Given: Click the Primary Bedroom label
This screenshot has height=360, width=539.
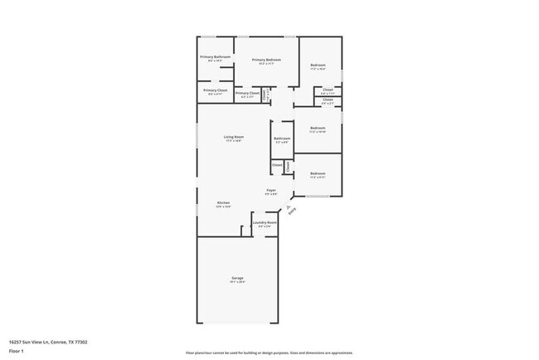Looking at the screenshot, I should [x=266, y=60].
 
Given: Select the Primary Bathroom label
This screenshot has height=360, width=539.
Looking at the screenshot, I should [x=216, y=56].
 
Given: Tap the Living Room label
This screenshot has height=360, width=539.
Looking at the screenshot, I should [x=233, y=137].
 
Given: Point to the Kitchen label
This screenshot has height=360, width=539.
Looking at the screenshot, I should [x=223, y=202].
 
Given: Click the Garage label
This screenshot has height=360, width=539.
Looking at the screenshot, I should [x=237, y=278].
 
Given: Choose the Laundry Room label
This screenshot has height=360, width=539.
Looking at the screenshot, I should [x=265, y=222].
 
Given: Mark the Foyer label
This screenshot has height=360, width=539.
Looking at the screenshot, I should [x=271, y=191].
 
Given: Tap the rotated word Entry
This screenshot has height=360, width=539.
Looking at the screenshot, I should [x=292, y=212].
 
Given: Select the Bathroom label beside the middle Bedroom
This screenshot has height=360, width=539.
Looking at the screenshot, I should [x=282, y=139].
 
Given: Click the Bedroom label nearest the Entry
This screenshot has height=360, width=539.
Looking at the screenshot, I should [x=318, y=173].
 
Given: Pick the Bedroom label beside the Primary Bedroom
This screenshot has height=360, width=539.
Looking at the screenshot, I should [x=318, y=66].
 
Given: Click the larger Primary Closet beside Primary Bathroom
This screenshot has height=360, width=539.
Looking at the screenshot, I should [x=216, y=90].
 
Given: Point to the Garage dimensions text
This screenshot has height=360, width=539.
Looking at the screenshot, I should [x=237, y=282].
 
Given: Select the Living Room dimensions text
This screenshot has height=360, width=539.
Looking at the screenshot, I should [x=233, y=141].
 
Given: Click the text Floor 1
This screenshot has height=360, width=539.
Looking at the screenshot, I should [x=17, y=351].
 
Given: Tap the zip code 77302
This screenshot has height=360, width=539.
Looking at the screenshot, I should [x=81, y=342].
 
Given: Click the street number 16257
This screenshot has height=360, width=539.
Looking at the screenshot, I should [x=16, y=342].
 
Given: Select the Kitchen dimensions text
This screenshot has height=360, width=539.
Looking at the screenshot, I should [x=223, y=207].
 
